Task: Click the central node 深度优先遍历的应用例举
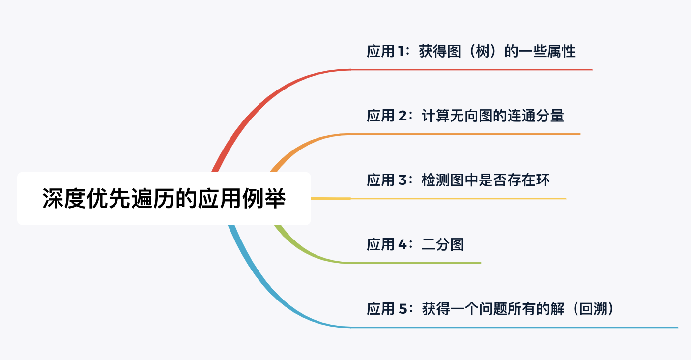click(x=164, y=198)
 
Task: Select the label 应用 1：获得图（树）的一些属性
click(x=471, y=51)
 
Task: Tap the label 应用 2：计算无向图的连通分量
click(x=465, y=116)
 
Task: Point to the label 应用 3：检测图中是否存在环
click(x=458, y=180)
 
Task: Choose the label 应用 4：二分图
click(x=415, y=244)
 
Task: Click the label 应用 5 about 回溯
click(x=490, y=309)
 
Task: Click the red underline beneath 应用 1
click(x=472, y=69)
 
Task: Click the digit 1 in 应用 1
click(x=400, y=51)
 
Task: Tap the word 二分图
click(x=443, y=244)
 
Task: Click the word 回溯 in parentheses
click(x=593, y=309)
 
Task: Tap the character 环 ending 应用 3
click(x=543, y=180)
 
